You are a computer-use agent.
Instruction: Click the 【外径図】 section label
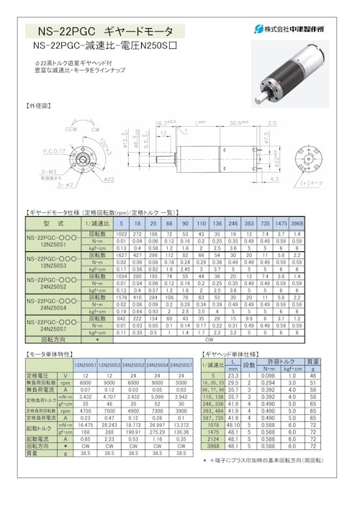click(40, 105)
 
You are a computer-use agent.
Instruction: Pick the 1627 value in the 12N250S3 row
click(120, 255)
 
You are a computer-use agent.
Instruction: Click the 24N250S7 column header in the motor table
click(183, 366)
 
